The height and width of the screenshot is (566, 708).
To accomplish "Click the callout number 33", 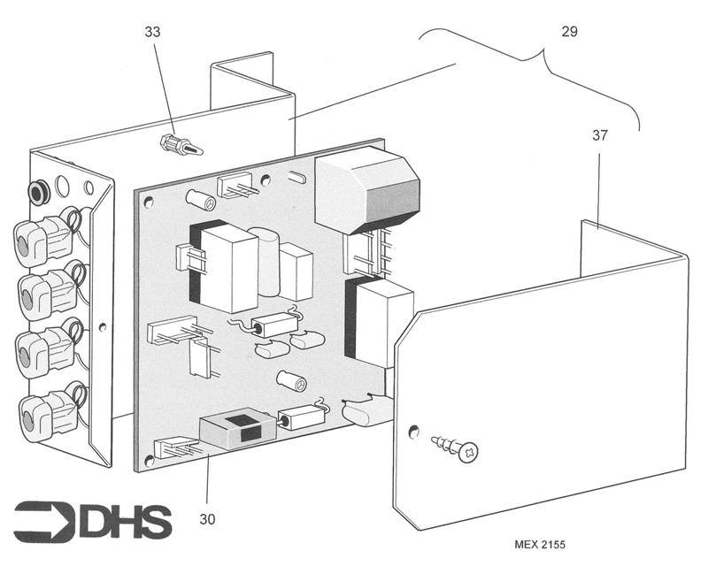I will point(152,32).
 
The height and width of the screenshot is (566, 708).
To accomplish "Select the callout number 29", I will point(569,31).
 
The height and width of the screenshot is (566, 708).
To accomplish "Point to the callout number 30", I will point(207,519).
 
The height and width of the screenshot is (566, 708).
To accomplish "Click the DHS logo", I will point(93,521).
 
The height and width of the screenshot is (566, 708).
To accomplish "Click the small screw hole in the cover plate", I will point(412,432).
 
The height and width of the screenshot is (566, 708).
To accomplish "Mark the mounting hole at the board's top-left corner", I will point(149,202).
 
